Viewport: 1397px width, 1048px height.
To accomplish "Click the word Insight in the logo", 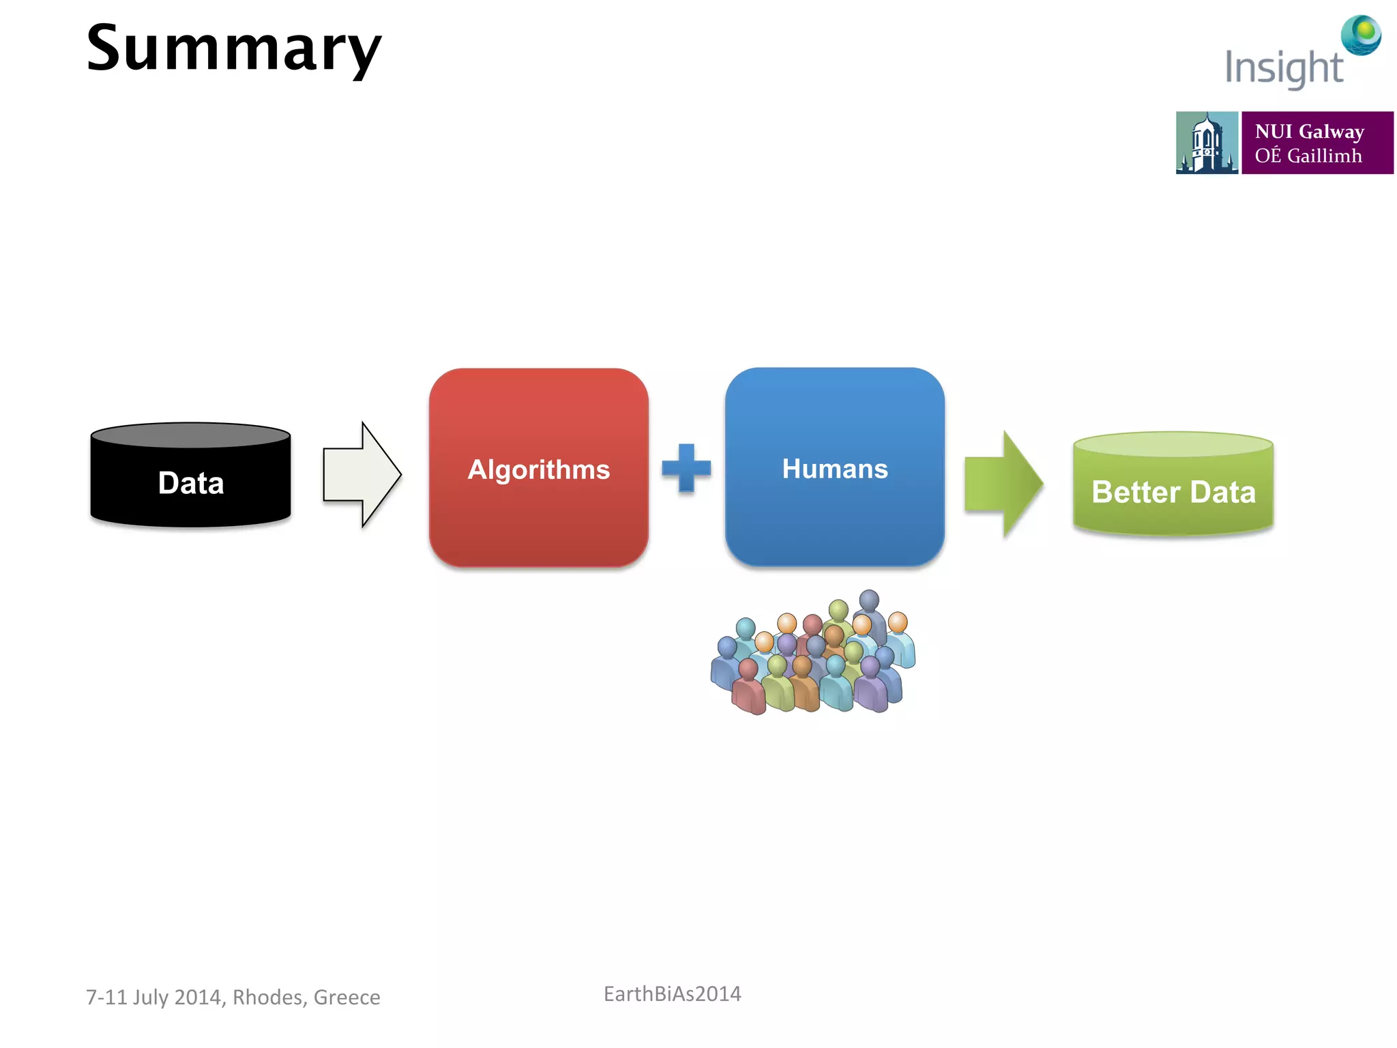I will tap(1283, 68).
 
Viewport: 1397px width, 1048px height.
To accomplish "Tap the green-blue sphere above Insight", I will tap(1361, 34).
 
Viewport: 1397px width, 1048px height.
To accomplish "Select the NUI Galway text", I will tap(1309, 131).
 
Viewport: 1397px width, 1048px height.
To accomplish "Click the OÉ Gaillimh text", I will tap(1308, 156).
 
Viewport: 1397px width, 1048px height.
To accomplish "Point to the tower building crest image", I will tap(1206, 143).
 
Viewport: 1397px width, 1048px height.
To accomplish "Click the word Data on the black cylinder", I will tap(191, 483).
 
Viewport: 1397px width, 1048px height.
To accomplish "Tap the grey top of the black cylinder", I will tap(191, 435).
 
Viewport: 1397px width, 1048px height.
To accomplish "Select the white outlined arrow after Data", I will tap(362, 474).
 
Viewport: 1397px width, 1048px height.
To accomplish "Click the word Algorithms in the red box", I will tap(538, 469).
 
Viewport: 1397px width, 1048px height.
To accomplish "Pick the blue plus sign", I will tap(686, 468).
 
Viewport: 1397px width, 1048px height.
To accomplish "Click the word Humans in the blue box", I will tap(834, 469).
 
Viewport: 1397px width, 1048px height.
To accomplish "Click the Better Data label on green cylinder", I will tap(1173, 492).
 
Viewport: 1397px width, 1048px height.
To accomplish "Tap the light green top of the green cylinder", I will tap(1173, 444).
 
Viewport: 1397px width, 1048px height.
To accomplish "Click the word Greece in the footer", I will tap(347, 997).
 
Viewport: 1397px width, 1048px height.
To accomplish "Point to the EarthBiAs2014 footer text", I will tap(672, 993).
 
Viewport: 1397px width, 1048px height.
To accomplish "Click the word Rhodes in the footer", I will tap(268, 997).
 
